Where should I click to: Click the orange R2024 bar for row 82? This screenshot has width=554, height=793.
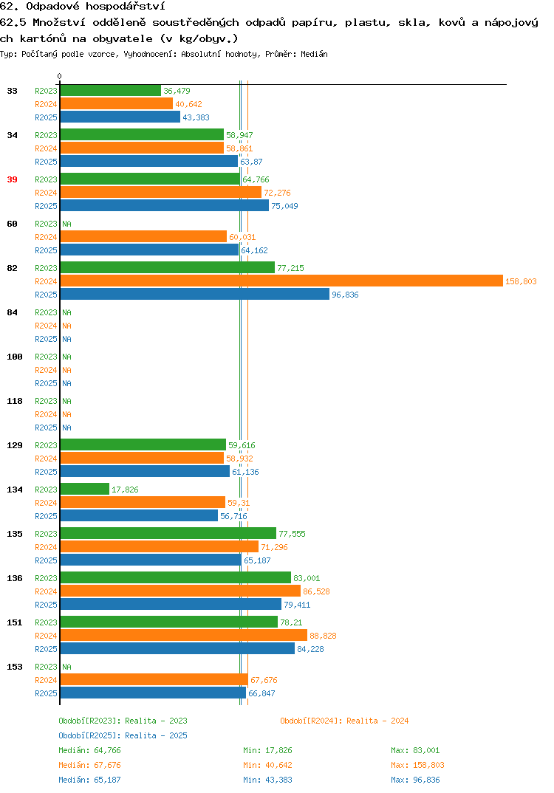pos(282,281)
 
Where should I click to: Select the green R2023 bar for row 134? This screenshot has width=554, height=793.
pos(85,489)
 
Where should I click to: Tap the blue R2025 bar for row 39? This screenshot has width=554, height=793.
pos(165,205)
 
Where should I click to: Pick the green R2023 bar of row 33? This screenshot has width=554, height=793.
pos(111,91)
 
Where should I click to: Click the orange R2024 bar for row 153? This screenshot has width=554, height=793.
pos(154,680)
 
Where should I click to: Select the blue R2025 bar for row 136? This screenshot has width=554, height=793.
pos(171,605)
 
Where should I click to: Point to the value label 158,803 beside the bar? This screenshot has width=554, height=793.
pos(521,281)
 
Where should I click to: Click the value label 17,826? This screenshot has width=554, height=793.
pos(125,490)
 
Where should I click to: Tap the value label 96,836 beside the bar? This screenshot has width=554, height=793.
pos(345,295)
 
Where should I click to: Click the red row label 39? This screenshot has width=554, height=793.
pos(12,179)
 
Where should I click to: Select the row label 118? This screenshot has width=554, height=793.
pos(15,401)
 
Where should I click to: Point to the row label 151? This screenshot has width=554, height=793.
pos(15,622)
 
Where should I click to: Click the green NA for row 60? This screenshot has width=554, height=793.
pos(66,224)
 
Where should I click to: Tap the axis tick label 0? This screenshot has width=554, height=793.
pos(59,76)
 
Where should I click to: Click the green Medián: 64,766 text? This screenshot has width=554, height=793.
pos(89,750)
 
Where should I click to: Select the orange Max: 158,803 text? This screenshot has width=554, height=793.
pos(417,765)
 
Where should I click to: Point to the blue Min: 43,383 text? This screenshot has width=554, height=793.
pos(267,780)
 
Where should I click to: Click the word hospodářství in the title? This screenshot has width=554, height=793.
pos(126,7)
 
